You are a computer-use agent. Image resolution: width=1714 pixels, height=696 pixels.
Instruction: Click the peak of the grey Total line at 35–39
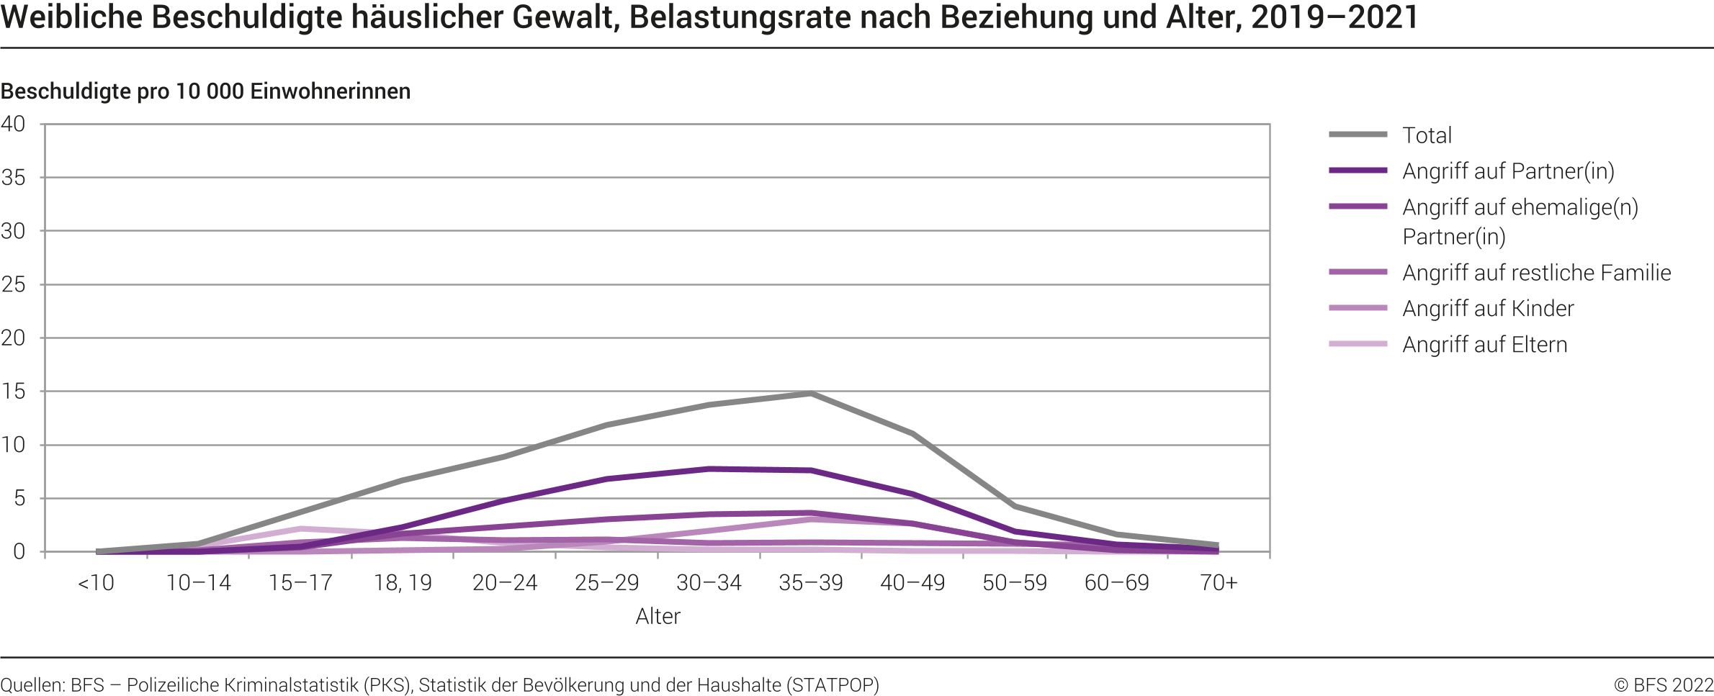[x=811, y=394]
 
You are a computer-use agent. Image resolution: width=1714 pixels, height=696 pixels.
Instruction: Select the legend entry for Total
[x=1427, y=135]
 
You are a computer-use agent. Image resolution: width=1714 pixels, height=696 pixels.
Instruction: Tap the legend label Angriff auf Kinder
[x=1488, y=309]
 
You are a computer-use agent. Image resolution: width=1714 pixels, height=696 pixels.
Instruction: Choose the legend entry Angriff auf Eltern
[x=1484, y=345]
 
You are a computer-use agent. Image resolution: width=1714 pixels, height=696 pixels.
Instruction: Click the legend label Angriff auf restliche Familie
[x=1536, y=273]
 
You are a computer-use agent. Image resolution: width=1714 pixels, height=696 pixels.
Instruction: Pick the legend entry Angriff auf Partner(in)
[x=1508, y=171]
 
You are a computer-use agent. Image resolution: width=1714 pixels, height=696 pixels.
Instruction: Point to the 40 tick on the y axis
[x=13, y=124]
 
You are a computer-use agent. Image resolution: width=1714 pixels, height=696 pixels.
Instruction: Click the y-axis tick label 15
[x=13, y=392]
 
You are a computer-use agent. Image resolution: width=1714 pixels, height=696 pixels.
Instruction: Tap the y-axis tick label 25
[x=13, y=284]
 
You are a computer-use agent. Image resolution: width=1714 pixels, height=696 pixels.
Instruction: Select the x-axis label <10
[x=96, y=582]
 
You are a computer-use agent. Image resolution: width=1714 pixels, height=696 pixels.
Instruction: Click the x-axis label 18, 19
[x=403, y=582]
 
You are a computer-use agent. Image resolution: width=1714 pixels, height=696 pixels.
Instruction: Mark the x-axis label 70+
[x=1219, y=582]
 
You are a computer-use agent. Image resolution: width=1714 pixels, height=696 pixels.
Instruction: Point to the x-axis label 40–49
[x=912, y=582]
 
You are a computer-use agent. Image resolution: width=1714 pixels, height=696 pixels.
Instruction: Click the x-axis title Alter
[x=658, y=616]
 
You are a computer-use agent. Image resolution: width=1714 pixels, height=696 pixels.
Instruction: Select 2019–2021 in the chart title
[x=1334, y=17]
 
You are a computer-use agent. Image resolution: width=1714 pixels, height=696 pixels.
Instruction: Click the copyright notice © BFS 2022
[x=1663, y=684]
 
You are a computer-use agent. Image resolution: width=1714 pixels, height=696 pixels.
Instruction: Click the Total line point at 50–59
[x=1015, y=507]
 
